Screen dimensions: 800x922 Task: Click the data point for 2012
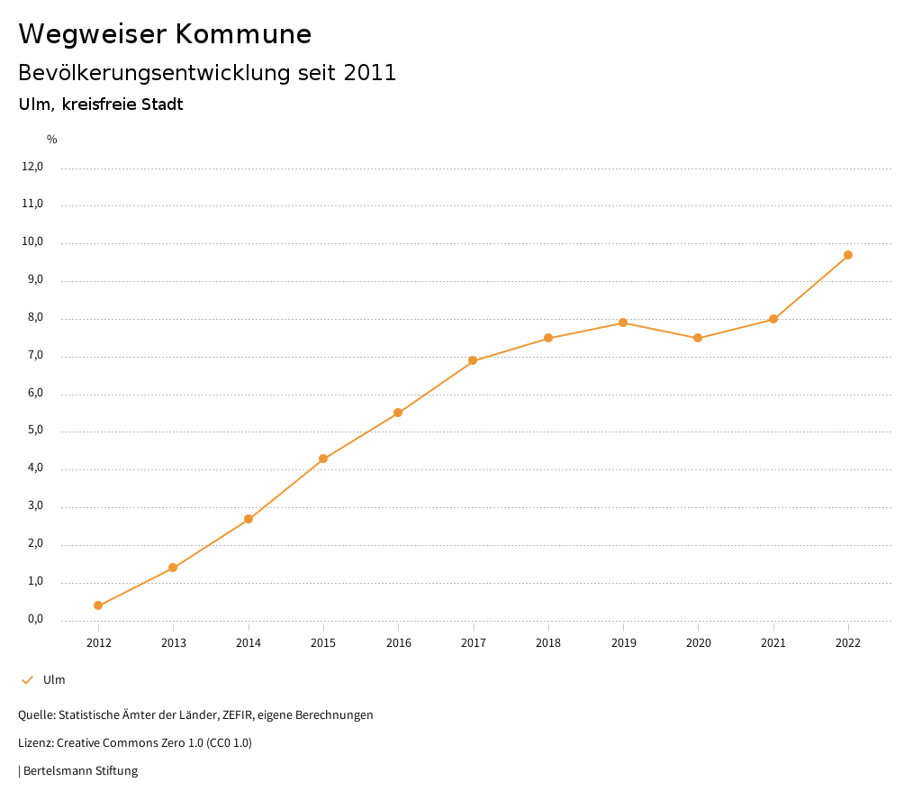pos(98,605)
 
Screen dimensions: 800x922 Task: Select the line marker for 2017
pos(473,360)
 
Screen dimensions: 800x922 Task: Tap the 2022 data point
pos(848,255)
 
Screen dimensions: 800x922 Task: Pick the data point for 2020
pos(698,338)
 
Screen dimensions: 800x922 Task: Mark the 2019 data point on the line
pos(623,323)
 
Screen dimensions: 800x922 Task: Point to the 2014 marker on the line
pos(249,519)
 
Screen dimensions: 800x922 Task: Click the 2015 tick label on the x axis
pos(323,642)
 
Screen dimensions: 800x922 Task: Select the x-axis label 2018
pos(548,642)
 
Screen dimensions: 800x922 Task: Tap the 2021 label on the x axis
pos(773,642)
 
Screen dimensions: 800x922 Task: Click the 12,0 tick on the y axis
pos(32,166)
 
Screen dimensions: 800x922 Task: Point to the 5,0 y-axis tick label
pos(34,431)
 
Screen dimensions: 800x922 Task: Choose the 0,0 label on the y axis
pos(34,619)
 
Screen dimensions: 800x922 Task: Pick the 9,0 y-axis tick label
pos(34,279)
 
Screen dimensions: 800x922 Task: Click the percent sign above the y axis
pos(52,139)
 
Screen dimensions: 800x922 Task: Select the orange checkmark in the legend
pos(27,679)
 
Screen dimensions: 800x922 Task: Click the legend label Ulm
pos(54,679)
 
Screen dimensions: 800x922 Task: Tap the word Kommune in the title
pos(243,34)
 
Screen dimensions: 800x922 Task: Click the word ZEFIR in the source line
pos(238,714)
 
